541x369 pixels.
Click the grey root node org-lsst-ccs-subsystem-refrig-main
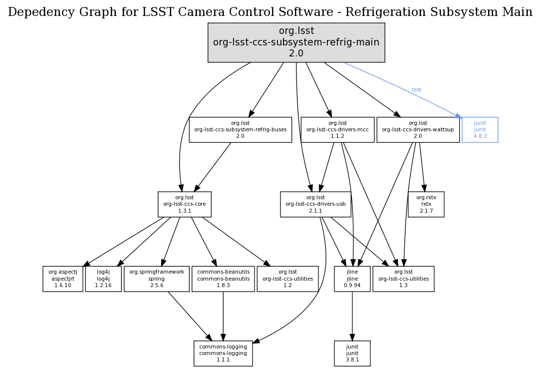pos(296,42)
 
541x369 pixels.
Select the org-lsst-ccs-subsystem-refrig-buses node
pos(240,129)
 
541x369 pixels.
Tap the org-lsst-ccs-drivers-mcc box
pos(338,129)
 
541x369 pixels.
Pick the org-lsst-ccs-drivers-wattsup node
pos(418,129)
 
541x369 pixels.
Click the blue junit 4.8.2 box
pos(480,129)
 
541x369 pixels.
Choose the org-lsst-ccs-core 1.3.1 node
pos(185,204)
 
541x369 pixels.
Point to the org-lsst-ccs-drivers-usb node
pos(315,204)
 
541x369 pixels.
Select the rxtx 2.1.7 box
pos(426,204)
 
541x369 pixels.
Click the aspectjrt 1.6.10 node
pos(63,279)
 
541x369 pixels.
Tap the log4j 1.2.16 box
pos(103,279)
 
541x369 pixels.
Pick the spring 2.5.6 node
pos(157,279)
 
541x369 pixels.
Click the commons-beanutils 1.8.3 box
pos(223,279)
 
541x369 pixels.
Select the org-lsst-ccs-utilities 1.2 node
pos(287,279)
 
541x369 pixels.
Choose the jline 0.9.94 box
pos(352,279)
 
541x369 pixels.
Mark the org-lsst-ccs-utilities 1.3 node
pos(403,279)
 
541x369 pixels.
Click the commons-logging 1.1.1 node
pos(223,353)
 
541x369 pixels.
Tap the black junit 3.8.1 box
pos(352,353)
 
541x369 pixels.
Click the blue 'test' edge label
pos(416,90)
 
